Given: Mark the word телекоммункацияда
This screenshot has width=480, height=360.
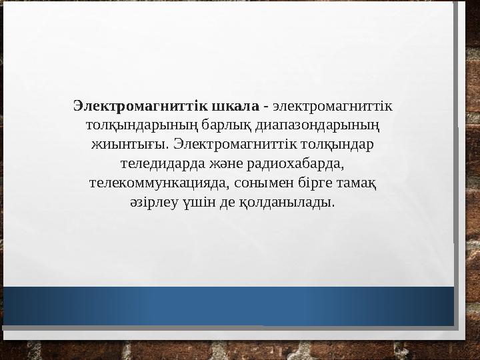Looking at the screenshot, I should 159,181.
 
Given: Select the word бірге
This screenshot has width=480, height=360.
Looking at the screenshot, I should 308,181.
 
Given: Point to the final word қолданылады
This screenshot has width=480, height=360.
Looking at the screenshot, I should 293,201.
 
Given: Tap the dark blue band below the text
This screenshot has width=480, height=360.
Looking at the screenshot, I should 227,306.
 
